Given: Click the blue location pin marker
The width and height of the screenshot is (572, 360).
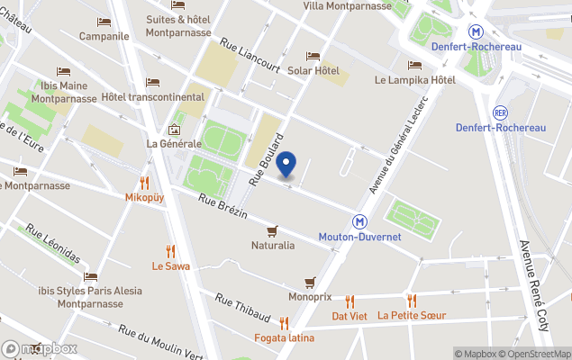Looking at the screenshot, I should tap(286, 166).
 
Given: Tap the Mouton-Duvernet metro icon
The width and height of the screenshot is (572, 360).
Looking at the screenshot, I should tap(359, 220).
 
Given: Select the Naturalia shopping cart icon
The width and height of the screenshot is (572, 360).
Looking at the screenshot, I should tap(272, 229).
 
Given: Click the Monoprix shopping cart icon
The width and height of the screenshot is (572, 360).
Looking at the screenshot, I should tap(310, 282).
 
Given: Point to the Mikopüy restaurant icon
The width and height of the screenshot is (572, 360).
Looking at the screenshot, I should tap(144, 183).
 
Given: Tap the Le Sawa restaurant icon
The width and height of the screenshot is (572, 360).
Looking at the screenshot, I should tap(170, 251).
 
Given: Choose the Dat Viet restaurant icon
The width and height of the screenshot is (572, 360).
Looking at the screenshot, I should tap(350, 301).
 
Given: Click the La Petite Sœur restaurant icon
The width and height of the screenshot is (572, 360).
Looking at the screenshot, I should tap(412, 301).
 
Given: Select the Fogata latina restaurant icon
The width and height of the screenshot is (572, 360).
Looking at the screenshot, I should tap(284, 323).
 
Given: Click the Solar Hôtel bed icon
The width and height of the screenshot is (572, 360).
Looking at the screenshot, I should tap(313, 56).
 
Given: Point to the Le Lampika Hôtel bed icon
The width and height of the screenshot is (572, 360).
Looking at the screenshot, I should tap(414, 65).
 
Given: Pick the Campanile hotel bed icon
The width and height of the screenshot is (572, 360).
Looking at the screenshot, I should tap(104, 22).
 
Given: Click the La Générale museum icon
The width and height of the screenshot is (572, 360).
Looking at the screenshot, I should tap(174, 129).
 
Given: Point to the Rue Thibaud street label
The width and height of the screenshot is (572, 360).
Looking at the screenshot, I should tap(241, 306).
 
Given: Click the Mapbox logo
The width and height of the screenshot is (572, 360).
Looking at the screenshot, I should tap(40, 348).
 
